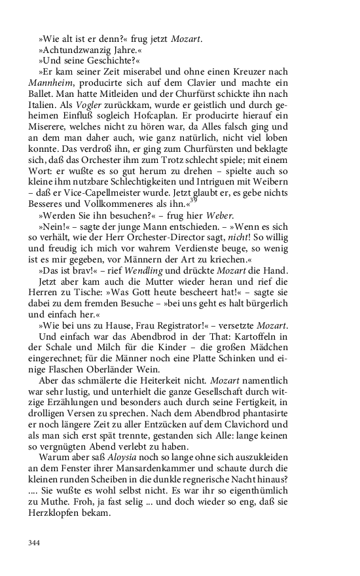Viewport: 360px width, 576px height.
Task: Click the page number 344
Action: click(x=34, y=542)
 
